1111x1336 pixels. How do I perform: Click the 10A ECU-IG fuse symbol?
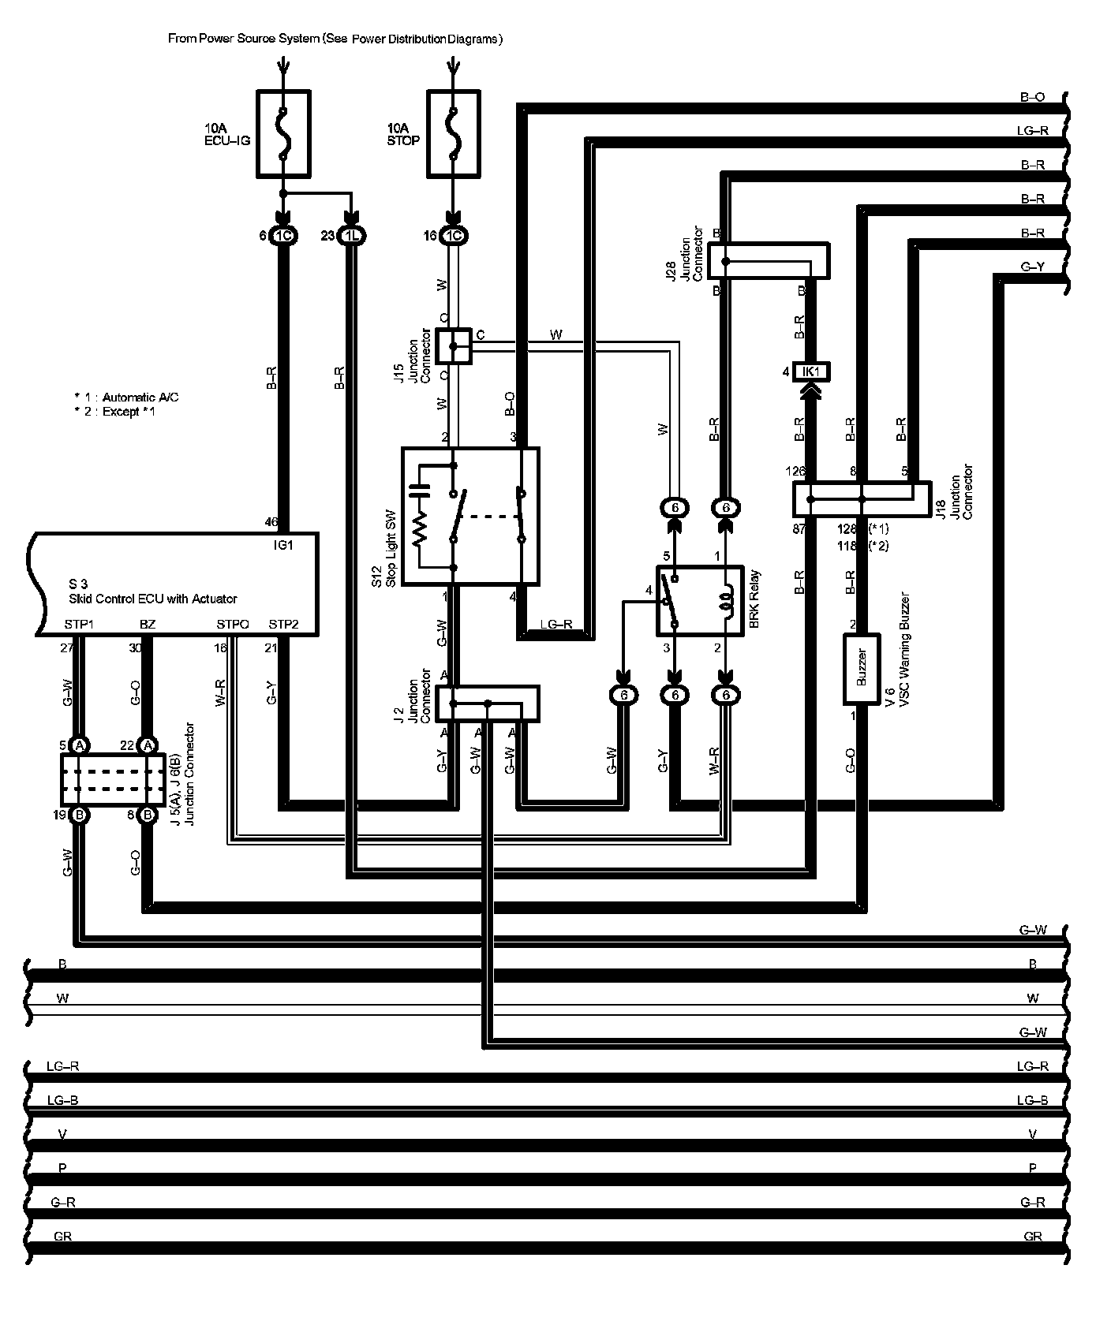pyautogui.click(x=283, y=133)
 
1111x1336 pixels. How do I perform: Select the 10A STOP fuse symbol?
pyautogui.click(x=453, y=133)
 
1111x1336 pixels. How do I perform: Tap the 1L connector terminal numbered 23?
pyautogui.click(x=351, y=235)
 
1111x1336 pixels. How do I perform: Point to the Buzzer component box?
pyautogui.click(x=862, y=669)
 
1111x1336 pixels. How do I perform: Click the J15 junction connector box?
pyautogui.click(x=454, y=346)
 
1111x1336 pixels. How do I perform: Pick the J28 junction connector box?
pyautogui.click(x=768, y=260)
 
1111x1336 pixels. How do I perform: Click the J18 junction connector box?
pyautogui.click(x=862, y=498)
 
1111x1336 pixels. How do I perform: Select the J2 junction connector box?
pyautogui.click(x=488, y=703)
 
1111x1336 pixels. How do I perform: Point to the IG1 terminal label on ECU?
pyautogui.click(x=282, y=545)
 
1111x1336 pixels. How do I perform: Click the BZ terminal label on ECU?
pyautogui.click(x=147, y=625)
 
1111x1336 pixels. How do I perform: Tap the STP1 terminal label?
pyautogui.click(x=79, y=625)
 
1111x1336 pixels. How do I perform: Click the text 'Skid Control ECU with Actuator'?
pyautogui.click(x=153, y=599)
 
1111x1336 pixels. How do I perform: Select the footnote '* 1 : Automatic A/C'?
pyautogui.click(x=126, y=397)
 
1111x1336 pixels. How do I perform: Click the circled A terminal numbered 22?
pyautogui.click(x=148, y=745)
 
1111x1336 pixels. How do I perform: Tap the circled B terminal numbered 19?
pyautogui.click(x=79, y=815)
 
